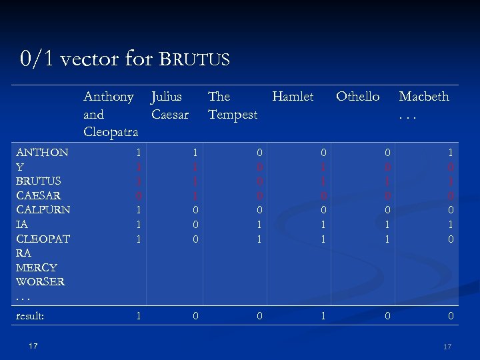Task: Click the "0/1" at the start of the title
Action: [37, 59]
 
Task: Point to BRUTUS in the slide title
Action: [195, 60]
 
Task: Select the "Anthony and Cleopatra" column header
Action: [111, 114]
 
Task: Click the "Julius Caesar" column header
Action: [170, 105]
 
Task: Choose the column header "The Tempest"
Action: [232, 105]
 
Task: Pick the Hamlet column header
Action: [293, 97]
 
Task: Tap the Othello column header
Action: [357, 97]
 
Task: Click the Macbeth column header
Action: [423, 97]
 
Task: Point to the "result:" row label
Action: [30, 316]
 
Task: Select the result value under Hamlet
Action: [323, 316]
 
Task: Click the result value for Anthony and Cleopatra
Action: [139, 316]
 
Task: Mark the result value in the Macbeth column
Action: [451, 316]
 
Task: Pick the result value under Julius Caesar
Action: [195, 316]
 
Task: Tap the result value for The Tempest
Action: [260, 316]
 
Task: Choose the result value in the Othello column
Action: [387, 316]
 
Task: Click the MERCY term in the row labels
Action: [36, 267]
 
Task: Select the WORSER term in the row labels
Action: [41, 281]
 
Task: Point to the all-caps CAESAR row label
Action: [39, 195]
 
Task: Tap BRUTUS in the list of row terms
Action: [39, 181]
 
